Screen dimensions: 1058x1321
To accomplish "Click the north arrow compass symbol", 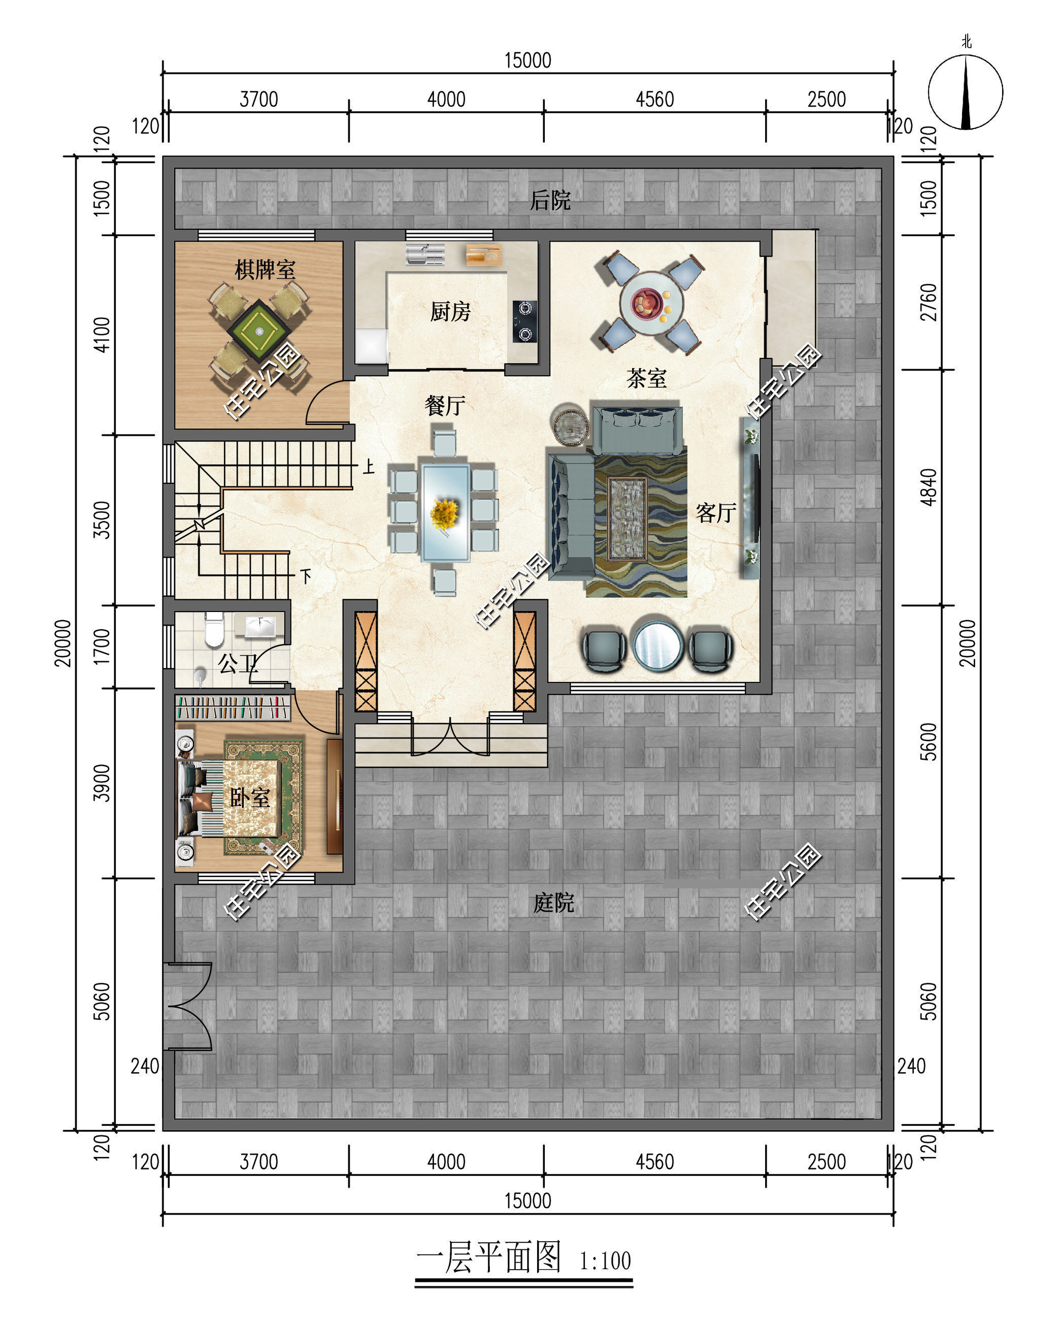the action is click(965, 92).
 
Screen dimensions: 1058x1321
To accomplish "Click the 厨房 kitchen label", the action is click(450, 312).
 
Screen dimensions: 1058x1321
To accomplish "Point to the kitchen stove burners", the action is click(524, 321).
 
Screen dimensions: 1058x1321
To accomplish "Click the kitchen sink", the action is click(425, 255).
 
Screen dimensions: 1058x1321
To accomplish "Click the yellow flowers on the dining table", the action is click(445, 514).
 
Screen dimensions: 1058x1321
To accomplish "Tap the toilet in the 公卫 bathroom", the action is click(214, 629).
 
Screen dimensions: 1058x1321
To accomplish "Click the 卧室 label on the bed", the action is click(249, 797).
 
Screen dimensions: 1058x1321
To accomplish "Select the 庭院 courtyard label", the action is click(553, 903).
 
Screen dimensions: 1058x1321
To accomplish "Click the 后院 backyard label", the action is click(550, 200).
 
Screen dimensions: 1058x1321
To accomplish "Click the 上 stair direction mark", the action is click(368, 466).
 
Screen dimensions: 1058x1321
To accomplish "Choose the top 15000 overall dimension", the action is click(527, 60).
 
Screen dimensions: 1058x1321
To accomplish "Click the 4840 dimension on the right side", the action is click(929, 487).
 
